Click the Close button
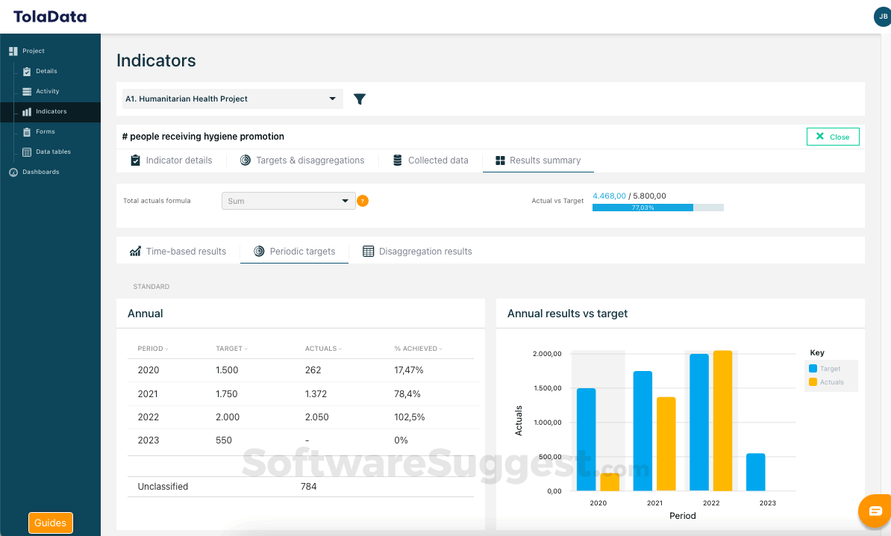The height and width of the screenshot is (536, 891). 833,137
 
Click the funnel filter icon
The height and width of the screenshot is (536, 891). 360,99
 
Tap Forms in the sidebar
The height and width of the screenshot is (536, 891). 45,131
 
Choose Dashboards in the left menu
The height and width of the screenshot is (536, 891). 40,172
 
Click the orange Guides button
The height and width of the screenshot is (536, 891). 51,523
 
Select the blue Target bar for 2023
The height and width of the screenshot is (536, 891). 755,472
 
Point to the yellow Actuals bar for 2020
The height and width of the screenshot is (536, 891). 610,482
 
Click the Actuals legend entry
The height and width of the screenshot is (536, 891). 831,382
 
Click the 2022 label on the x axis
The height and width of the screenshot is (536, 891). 711,503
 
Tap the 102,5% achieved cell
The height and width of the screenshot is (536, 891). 410,417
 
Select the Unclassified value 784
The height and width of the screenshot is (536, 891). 308,487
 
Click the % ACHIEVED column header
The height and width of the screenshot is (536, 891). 416,349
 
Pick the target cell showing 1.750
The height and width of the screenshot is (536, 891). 228,394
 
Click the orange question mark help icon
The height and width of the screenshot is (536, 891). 363,201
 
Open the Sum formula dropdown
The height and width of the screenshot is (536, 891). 288,201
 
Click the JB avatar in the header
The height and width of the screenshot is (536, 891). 882,16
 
